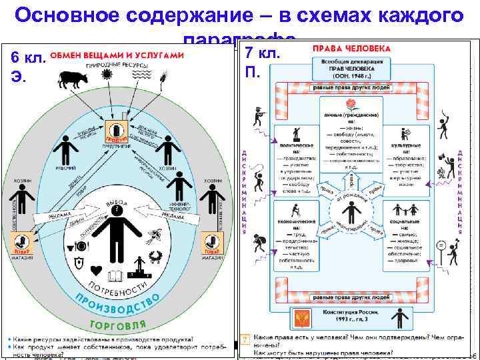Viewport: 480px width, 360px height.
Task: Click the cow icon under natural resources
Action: click(73, 79)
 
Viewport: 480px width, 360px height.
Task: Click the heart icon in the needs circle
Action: click(96, 269)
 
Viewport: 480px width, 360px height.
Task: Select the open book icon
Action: click(117, 275)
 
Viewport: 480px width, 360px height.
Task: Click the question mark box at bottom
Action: click(245, 340)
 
